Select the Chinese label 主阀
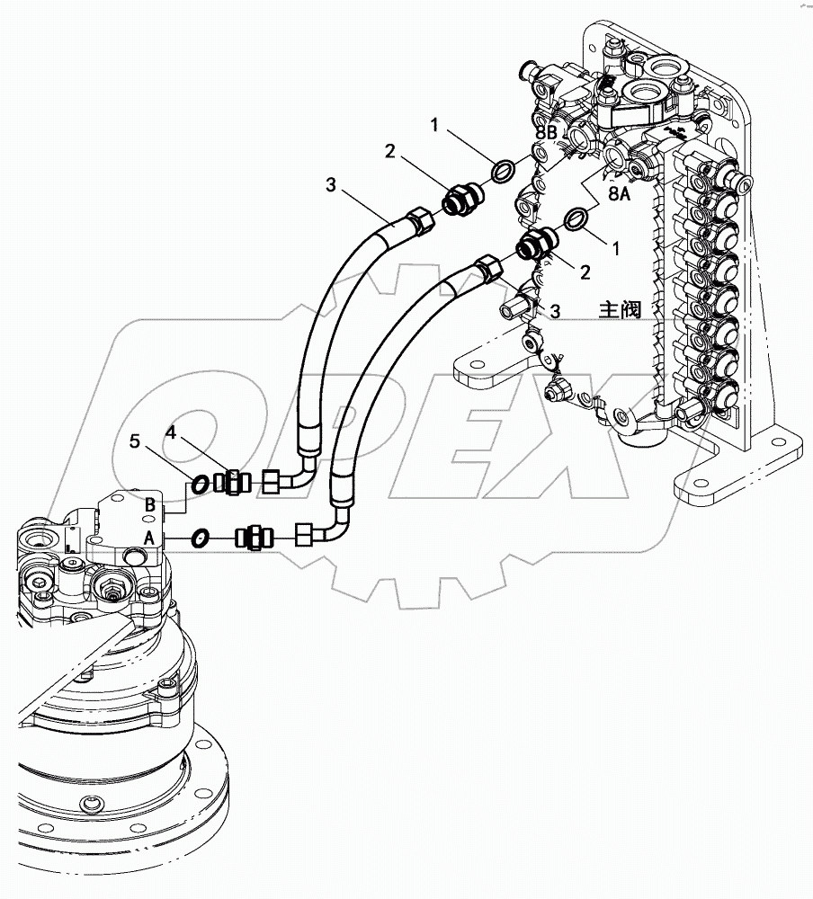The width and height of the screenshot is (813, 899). point(621,310)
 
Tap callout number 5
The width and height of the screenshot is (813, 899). point(136,441)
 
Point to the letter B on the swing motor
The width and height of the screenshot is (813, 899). point(150,505)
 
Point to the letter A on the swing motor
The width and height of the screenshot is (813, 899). point(150,537)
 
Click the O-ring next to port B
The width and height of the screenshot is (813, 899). point(201,484)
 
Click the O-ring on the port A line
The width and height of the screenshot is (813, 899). point(201,537)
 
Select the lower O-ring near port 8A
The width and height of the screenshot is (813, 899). point(575,218)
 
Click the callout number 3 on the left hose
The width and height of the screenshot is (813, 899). point(331,186)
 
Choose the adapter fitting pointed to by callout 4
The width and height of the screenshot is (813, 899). point(237,483)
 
